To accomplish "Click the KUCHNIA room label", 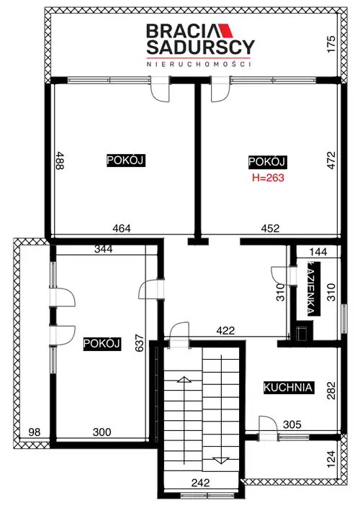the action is [288, 387].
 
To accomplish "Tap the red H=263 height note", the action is [268, 178].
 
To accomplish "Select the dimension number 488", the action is [60, 160].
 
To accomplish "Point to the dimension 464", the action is [122, 228].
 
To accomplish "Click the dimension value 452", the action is [270, 228].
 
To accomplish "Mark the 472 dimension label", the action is [331, 160].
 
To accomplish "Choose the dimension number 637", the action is [140, 343].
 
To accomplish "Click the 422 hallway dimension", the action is [225, 330].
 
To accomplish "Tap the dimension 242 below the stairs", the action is [200, 483].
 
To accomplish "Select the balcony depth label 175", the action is [331, 44].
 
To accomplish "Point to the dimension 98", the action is [35, 432].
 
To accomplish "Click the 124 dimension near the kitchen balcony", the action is [331, 459].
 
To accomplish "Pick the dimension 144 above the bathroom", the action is [318, 252].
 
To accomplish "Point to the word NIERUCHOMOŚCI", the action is [199, 63].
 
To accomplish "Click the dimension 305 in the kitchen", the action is [292, 424].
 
